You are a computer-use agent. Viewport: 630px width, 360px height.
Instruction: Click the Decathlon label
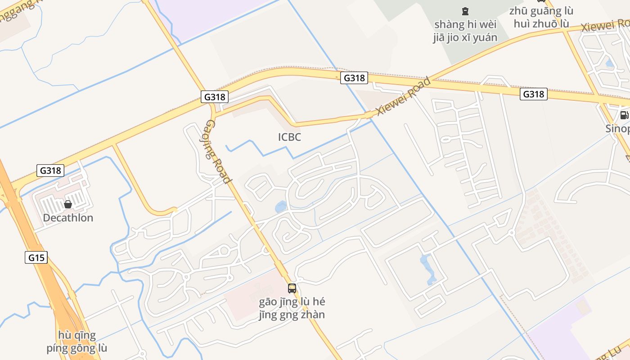68,218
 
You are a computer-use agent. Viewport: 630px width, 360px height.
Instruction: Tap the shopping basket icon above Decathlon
68,204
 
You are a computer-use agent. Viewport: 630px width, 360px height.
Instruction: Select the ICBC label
289,137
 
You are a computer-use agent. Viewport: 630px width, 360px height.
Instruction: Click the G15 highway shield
36,257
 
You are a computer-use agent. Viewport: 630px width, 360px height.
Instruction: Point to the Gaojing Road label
219,152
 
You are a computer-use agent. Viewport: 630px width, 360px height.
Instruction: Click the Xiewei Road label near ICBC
403,96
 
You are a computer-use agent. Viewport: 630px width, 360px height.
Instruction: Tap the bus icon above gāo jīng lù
292,288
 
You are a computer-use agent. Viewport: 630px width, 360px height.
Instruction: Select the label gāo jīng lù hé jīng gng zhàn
292,308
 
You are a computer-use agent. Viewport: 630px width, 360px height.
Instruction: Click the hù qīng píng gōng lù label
77,342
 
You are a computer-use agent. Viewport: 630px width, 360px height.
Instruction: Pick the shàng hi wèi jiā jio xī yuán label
465,31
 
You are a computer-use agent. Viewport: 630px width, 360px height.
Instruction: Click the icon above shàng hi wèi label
465,11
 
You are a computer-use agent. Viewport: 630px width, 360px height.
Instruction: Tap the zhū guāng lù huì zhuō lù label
541,17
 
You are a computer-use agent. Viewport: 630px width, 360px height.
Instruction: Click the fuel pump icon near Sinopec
624,115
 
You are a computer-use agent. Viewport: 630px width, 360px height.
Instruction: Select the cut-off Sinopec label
617,129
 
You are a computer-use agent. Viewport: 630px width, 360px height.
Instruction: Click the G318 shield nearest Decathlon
50,171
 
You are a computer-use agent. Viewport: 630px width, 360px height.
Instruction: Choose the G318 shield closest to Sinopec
534,94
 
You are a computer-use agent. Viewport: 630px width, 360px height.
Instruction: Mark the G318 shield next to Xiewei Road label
354,78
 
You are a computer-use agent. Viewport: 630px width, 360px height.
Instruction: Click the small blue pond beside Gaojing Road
280,207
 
